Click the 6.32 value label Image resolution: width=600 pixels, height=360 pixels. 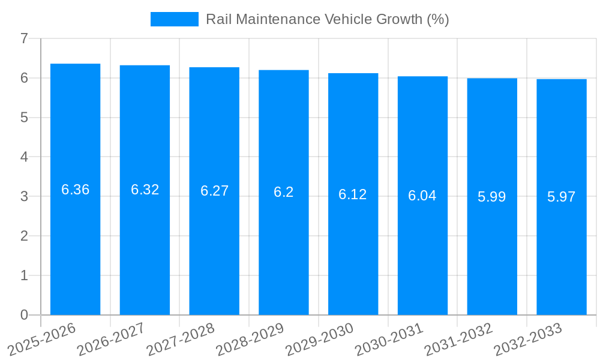145,190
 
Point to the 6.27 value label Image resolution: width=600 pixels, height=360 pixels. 214,191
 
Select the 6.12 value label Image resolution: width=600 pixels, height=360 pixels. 353,194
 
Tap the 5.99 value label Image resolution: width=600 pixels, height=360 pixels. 492,196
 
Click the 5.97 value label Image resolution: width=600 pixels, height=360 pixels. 562,197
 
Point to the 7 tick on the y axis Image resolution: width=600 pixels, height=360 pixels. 24,38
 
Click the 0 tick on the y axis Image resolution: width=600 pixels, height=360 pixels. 24,315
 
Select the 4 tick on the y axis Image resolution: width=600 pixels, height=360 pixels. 24,157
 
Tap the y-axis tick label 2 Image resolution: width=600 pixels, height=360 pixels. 24,236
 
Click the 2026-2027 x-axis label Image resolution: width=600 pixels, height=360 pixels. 111,340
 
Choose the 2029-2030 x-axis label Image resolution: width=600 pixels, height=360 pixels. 319,340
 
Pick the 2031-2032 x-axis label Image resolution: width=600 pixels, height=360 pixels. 458,340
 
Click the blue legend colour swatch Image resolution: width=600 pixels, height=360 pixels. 174,19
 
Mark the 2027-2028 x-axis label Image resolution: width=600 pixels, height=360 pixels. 181,340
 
